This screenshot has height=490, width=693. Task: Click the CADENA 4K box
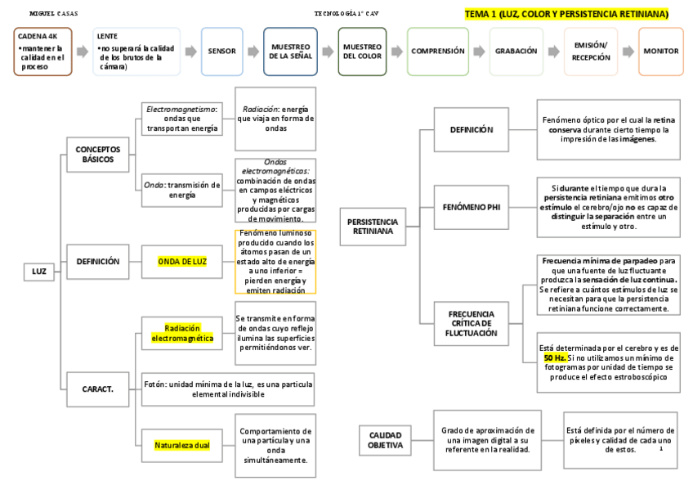coord(43,51)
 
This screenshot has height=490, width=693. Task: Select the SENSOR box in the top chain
coord(222,51)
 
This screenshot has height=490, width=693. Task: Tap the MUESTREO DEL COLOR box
coord(362,51)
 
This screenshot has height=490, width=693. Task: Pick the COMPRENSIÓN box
coord(438,51)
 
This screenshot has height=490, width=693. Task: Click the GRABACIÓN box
coord(516,51)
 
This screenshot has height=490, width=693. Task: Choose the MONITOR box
coord(660,51)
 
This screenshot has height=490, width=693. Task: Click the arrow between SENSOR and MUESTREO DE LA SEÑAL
coord(253,51)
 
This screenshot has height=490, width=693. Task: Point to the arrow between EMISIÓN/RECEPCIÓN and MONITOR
coord(627,51)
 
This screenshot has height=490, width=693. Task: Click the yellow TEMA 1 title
coord(566,14)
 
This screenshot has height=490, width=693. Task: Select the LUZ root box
coord(39,271)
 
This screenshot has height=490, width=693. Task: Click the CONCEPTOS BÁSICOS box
coord(97,154)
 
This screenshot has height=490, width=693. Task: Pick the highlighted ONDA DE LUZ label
coord(182,261)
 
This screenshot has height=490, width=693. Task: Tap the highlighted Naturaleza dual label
coord(182,445)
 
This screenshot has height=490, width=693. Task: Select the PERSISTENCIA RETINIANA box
coord(373,227)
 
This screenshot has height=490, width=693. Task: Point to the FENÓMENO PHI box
coord(472,207)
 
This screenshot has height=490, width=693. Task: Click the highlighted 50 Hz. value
coord(556,358)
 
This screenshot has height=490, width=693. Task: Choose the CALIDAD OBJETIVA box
coord(385,440)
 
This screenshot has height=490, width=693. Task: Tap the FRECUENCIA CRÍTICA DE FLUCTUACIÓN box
coord(472,323)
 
